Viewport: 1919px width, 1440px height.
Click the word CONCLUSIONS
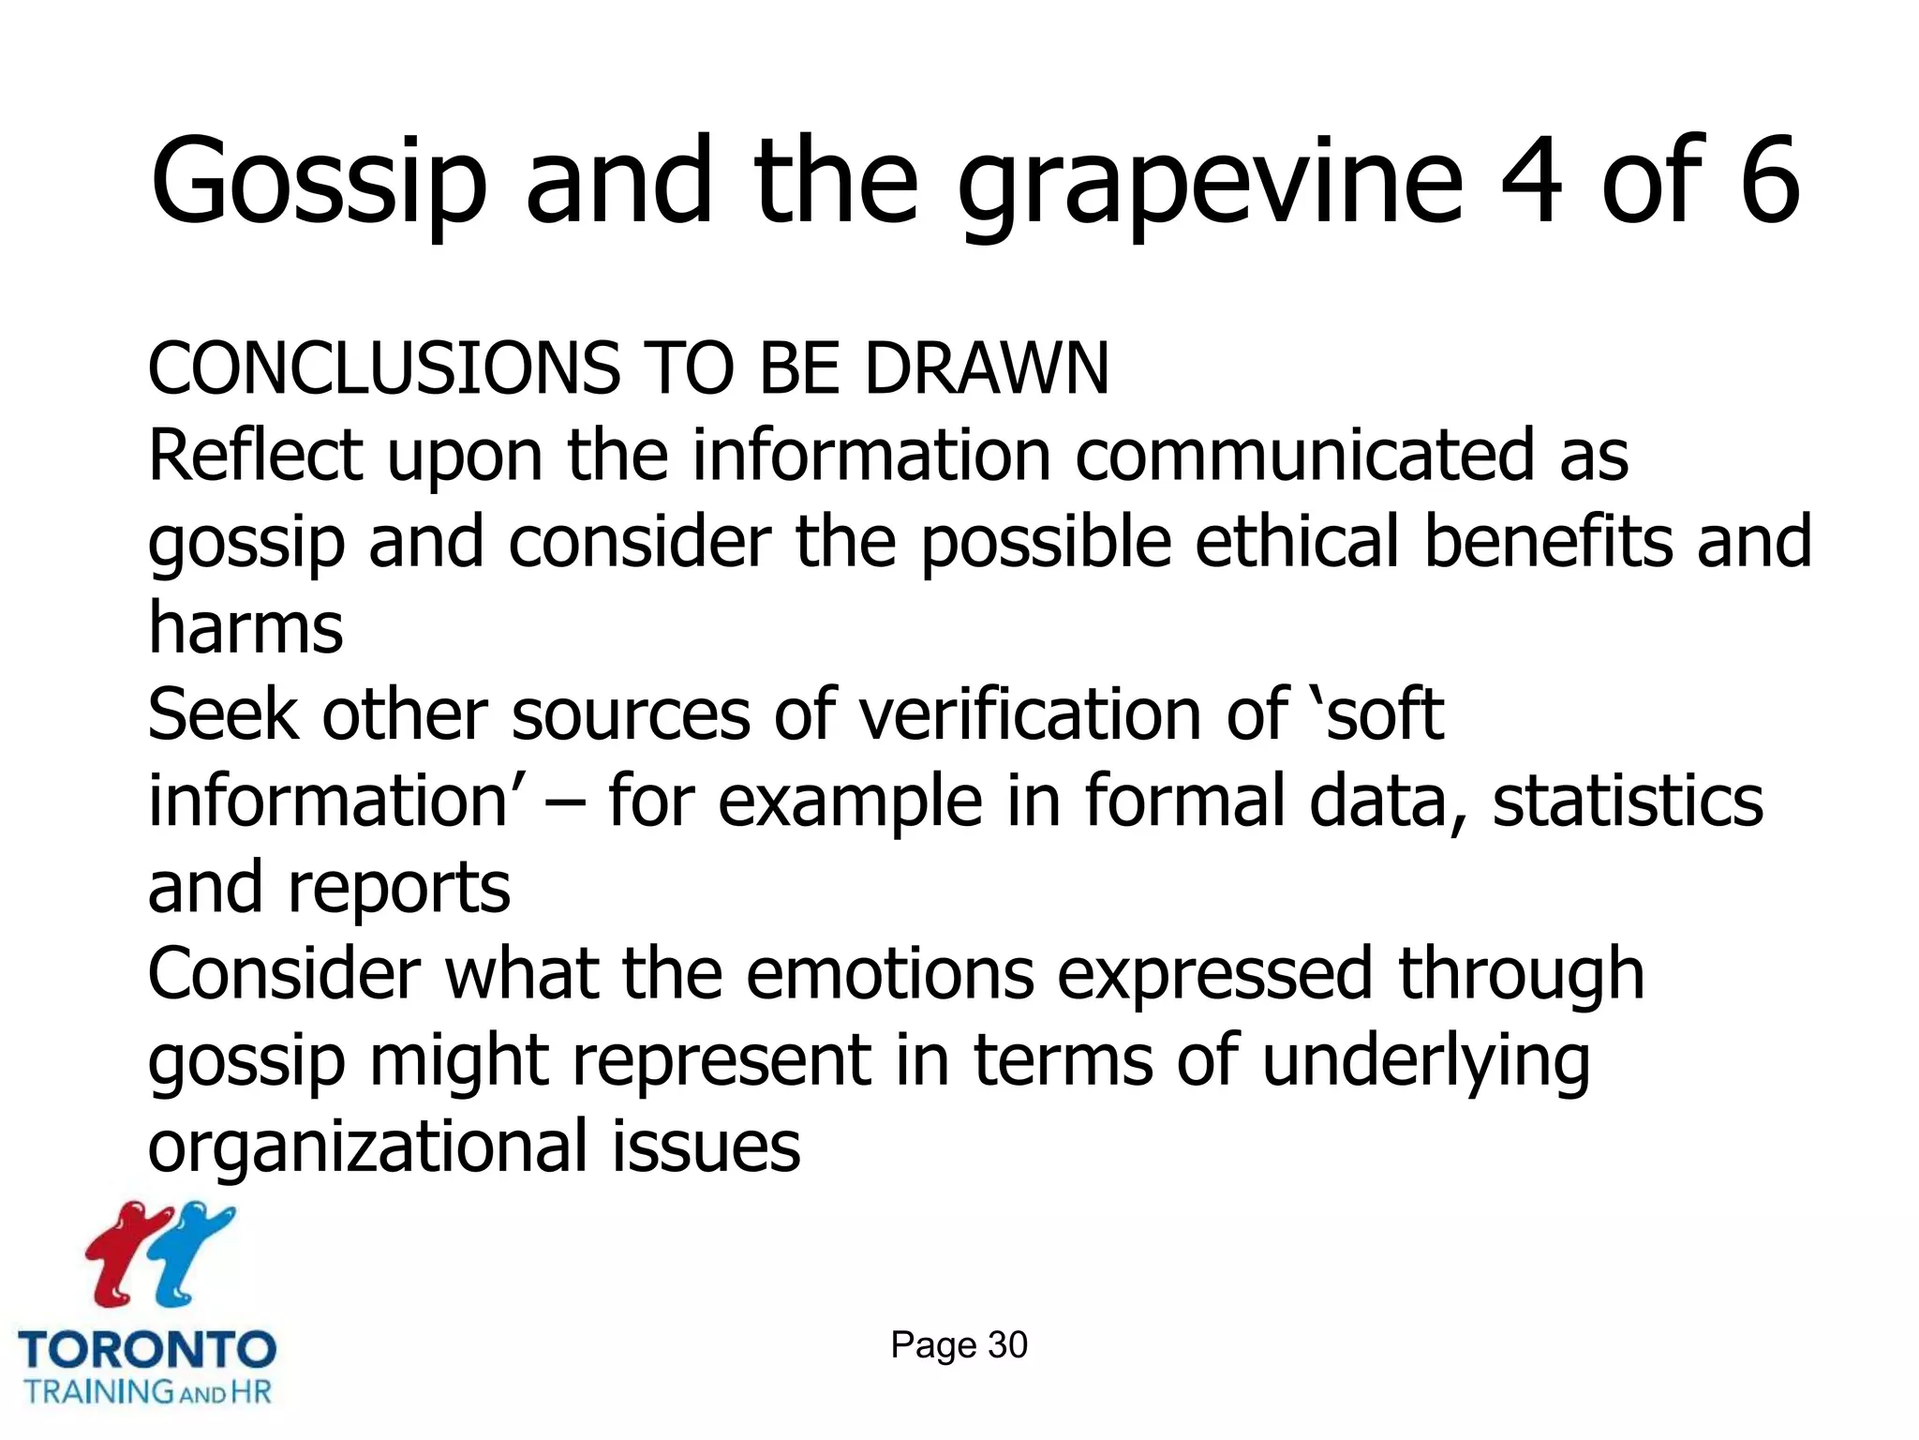coord(383,367)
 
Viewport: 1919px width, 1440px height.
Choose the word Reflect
coord(256,456)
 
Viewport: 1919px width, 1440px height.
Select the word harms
coord(245,628)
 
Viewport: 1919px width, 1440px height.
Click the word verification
coord(1031,714)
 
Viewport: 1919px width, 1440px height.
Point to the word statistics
coord(1628,802)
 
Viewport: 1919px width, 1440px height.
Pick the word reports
coord(399,888)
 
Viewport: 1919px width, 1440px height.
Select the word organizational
coord(367,1147)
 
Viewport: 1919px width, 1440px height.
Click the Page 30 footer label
coord(959,1345)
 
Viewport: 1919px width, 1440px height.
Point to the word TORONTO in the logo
coord(147,1351)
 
